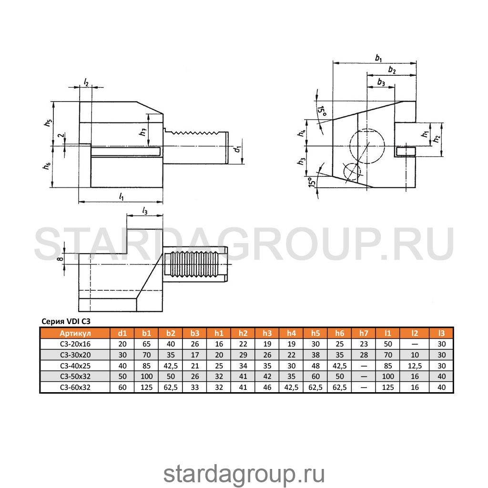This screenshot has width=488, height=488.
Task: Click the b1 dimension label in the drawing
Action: [x=378, y=58]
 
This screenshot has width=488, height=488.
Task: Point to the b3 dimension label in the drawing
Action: [x=381, y=82]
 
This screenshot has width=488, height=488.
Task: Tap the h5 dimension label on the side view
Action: [x=48, y=122]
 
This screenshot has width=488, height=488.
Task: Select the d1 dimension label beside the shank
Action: [x=238, y=149]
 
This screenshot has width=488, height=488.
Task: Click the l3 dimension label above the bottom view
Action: [x=145, y=211]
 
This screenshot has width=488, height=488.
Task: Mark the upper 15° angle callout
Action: [x=322, y=111]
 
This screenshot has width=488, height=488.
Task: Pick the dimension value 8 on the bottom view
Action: [x=61, y=258]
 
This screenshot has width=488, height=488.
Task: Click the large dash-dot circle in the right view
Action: [x=367, y=146]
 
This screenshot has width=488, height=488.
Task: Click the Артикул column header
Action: [x=75, y=333]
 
